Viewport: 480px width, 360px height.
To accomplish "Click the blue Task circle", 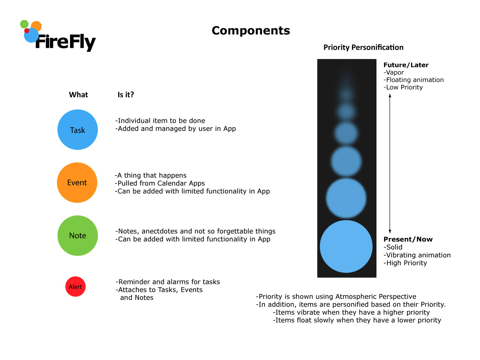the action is [78, 130].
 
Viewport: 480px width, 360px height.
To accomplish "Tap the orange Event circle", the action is [77, 183].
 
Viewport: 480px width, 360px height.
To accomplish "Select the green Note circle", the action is [78, 236].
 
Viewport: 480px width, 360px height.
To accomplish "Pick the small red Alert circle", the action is [75, 287].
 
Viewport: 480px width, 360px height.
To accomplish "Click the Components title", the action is [251, 31].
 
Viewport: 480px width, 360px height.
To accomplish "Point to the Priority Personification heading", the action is [363, 47].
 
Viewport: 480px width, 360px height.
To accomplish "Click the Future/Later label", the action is [406, 65].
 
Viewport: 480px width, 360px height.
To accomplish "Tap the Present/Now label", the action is [408, 239].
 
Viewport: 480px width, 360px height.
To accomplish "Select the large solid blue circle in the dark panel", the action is [346, 246].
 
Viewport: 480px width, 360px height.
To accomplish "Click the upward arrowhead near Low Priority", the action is [390, 96].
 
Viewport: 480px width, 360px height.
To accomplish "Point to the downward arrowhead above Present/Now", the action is [390, 231].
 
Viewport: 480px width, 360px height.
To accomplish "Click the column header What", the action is [78, 95].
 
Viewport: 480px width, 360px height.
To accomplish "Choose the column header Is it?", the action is [126, 95].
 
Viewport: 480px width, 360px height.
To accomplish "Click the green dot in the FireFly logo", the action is [24, 24].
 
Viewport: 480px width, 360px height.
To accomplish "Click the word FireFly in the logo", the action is [66, 42].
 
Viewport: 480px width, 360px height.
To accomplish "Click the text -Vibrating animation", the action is [417, 255].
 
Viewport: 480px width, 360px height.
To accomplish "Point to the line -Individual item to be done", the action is [160, 121].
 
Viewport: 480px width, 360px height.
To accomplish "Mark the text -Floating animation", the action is [413, 80].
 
